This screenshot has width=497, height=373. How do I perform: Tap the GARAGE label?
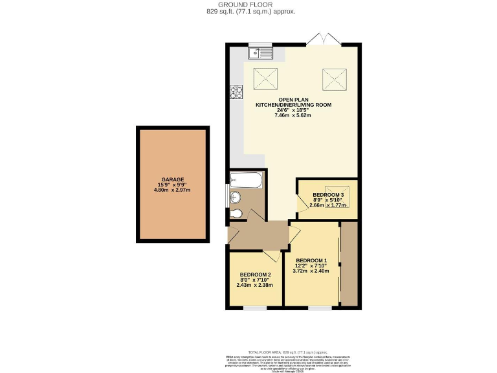173,179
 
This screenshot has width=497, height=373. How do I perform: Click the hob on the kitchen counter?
234,92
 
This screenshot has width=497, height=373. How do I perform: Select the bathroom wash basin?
234,198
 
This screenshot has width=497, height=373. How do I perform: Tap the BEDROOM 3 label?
329,194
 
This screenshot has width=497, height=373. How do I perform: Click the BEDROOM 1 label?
312,260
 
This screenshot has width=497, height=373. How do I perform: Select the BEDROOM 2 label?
254,275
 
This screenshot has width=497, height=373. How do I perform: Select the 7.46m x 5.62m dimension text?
293,116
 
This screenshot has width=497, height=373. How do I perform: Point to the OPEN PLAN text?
293,99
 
